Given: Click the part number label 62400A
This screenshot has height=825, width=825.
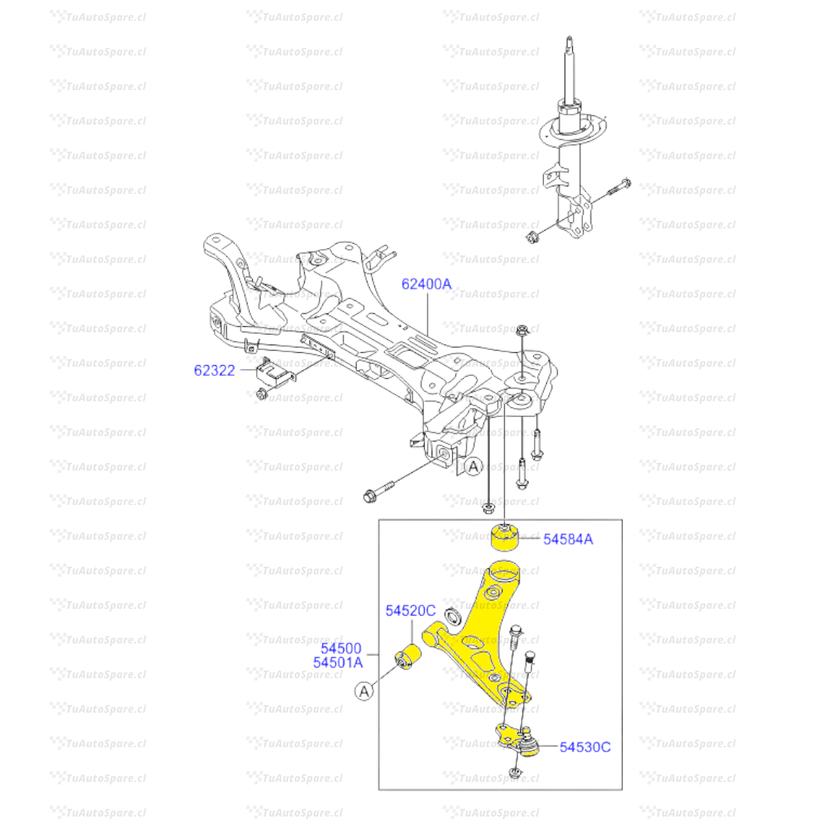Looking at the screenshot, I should pos(426,284).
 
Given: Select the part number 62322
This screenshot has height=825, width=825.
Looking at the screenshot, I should pos(215,370).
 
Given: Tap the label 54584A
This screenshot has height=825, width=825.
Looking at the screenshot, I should pos(568,539).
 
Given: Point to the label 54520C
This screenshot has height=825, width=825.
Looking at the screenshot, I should pos(410,610).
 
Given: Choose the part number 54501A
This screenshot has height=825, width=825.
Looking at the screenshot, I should pos(338,662).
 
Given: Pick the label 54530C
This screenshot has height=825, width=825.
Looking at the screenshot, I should pos(585,747).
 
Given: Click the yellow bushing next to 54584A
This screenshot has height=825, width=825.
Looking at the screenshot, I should pos(504,535).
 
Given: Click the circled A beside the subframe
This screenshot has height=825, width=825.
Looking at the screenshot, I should pos(474,466).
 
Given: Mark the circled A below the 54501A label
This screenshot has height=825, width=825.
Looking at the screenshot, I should pos(364,691).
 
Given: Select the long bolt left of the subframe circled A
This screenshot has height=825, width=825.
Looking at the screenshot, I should pos(379,493).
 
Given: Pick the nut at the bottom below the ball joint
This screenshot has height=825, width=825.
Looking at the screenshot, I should pos(514,775).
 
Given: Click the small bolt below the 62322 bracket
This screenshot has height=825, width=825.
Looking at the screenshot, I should pos(260,394).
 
